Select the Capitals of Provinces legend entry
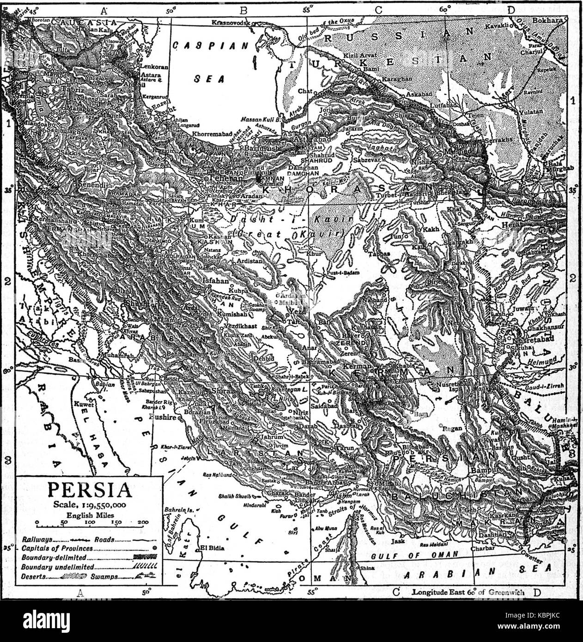click(x=58, y=549)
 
